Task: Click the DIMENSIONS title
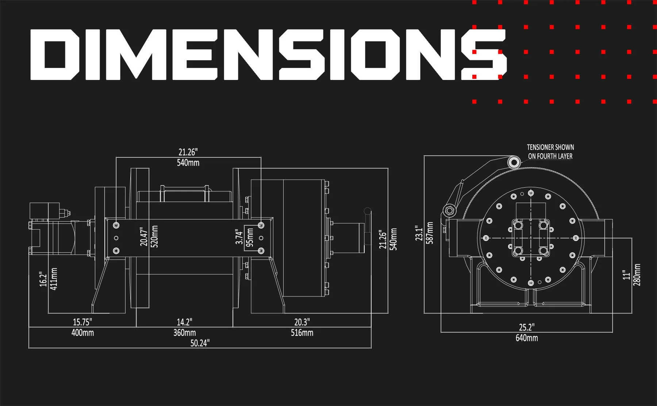point(268,54)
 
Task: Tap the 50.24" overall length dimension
point(200,343)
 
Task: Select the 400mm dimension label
point(82,333)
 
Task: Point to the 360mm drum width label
point(184,333)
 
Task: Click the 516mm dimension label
point(302,333)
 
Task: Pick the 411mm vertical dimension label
point(54,279)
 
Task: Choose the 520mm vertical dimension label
point(154,237)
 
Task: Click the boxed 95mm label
point(250,237)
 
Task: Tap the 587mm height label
point(430,233)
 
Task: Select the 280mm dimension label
point(637,275)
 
